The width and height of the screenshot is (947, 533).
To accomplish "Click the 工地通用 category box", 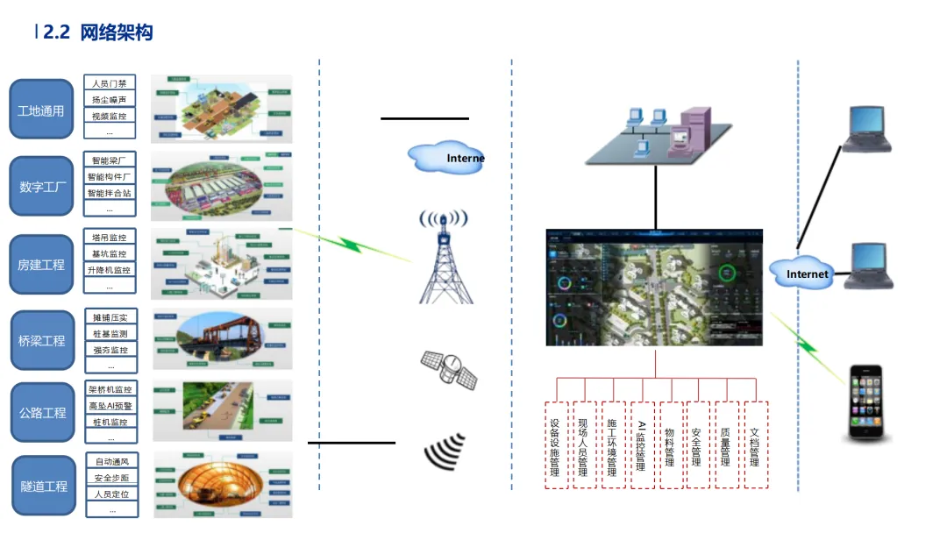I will (x=41, y=110).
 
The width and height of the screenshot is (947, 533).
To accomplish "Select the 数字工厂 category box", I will (x=41, y=186).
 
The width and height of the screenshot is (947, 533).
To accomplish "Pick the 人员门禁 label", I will (x=110, y=83).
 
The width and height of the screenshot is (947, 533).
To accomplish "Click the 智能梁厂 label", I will (x=110, y=160).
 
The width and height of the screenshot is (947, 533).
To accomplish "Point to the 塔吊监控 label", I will (x=110, y=238).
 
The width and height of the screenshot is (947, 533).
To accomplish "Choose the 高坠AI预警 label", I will (x=110, y=406).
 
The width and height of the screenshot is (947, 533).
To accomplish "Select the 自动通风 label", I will (x=111, y=461).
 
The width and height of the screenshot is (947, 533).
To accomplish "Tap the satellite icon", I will (x=449, y=370).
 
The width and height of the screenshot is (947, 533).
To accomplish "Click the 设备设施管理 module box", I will (x=555, y=444).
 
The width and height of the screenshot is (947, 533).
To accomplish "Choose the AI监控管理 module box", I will (x=642, y=444).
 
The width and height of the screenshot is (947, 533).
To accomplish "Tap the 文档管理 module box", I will (x=755, y=444).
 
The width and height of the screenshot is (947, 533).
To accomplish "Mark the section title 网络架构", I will (x=117, y=33).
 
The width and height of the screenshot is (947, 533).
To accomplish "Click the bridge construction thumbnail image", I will (x=223, y=338).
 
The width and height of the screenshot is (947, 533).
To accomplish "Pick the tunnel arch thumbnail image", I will (x=223, y=485).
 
